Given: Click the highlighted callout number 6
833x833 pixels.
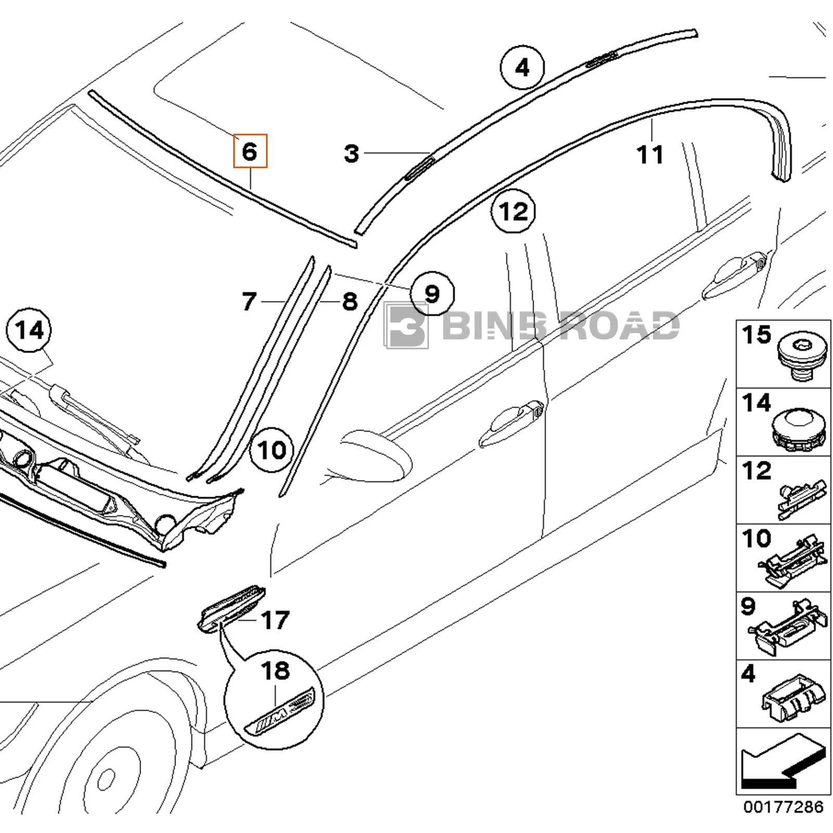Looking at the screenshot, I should (x=250, y=151).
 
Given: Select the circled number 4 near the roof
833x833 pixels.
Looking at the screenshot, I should (x=522, y=68).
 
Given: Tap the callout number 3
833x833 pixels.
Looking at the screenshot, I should (x=352, y=154).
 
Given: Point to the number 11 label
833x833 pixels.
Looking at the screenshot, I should (x=650, y=155).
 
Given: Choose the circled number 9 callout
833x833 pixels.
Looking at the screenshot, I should (x=432, y=294).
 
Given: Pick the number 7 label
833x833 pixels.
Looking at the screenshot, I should (x=249, y=301).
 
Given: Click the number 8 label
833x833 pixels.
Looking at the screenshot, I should (x=350, y=301).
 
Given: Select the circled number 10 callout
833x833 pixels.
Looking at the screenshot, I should (x=272, y=449).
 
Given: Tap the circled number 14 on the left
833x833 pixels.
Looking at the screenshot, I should (x=29, y=330).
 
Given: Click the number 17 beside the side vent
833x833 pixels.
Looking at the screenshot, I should (x=275, y=620).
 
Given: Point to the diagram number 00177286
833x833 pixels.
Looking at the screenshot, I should (x=784, y=822).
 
